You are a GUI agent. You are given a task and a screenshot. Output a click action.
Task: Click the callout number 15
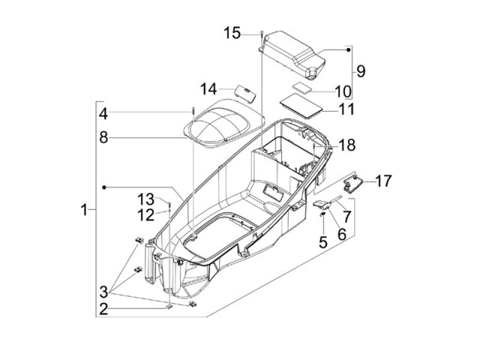pos(232,33)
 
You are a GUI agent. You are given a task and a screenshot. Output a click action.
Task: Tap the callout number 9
pos(361,71)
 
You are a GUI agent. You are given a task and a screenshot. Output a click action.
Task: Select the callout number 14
pos(208,89)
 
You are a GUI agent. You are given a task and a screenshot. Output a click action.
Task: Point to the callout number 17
pos(383,181)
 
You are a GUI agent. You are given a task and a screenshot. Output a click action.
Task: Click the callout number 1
pos(84,210)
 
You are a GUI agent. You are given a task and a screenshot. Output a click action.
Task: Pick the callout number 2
pos(103,309)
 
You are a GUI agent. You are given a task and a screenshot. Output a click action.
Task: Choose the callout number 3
pos(103,292)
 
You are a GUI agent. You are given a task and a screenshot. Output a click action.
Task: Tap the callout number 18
pos(347,145)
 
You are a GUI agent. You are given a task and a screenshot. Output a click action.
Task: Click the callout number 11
pos(346,109)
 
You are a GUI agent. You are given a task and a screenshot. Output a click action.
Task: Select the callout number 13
pos(145,199)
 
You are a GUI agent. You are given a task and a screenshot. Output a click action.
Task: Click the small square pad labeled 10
pos(301,86)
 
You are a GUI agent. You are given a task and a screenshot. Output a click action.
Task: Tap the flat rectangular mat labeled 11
pos(301,106)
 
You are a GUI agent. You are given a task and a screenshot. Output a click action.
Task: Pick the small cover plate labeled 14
pos(245,91)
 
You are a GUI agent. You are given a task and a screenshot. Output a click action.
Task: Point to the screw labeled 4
pos(193,115)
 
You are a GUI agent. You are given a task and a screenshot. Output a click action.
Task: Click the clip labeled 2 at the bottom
pos(169,307)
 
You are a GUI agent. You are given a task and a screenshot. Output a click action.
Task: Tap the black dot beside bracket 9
pos(348,49)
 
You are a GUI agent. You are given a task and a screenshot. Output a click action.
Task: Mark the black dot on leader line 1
pos(104,187)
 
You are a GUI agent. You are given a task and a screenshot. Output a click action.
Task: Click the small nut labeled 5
pos(323,214)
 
